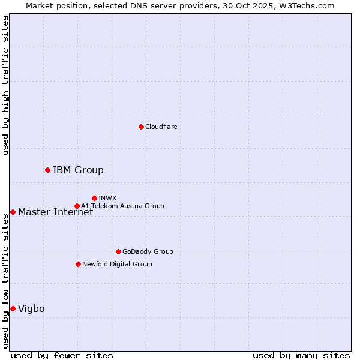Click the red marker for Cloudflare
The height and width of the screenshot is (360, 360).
(141, 127)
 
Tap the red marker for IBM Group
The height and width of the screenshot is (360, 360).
(47, 170)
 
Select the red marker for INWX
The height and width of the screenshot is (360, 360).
(94, 198)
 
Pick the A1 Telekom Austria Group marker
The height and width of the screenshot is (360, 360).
(77, 206)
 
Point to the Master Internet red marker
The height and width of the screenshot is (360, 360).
(13, 212)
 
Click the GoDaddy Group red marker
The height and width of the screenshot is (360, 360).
(118, 251)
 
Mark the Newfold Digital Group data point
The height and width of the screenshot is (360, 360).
(78, 264)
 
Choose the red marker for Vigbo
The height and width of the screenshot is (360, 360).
(13, 308)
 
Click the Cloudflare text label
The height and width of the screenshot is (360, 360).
(161, 127)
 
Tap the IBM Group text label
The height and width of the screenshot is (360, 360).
(78, 170)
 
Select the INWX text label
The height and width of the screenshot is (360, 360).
(107, 198)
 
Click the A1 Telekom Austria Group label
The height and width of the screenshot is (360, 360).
(122, 206)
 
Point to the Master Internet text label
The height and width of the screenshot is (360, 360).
(55, 212)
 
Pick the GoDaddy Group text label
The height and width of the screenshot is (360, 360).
(148, 251)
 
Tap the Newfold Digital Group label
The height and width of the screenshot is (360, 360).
(117, 264)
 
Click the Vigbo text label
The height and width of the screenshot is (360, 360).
(31, 308)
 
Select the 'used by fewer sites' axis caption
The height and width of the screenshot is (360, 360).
(62, 355)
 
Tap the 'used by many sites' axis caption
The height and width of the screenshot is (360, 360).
(301, 355)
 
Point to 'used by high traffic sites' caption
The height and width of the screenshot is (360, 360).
(5, 85)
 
